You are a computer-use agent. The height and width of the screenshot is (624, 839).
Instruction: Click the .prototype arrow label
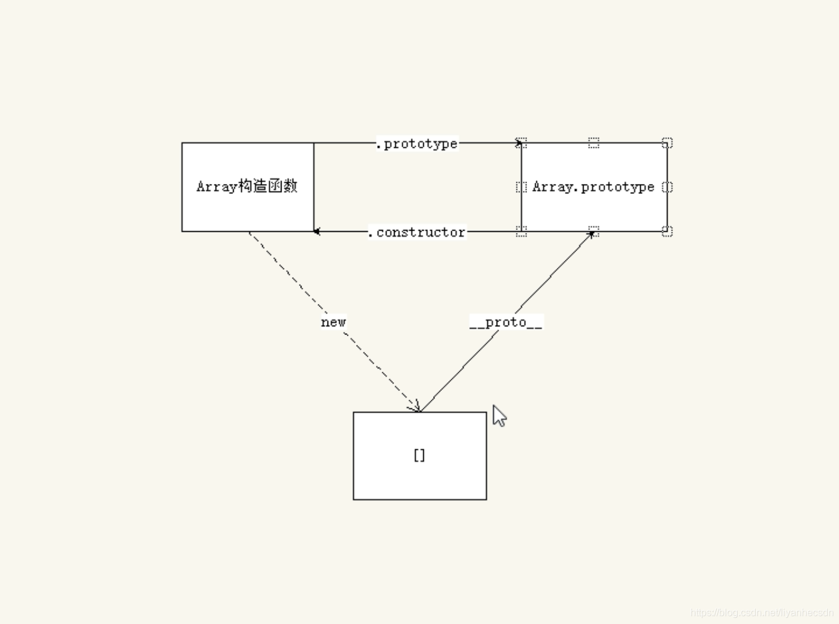tap(418, 144)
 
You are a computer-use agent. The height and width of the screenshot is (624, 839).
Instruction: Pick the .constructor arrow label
tap(417, 232)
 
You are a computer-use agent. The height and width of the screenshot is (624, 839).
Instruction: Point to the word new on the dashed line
tap(333, 322)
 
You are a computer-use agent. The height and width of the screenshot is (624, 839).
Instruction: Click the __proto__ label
tap(506, 322)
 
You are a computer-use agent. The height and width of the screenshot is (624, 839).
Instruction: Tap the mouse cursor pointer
tap(499, 416)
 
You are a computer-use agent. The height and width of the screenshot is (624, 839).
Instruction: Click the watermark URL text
tap(762, 613)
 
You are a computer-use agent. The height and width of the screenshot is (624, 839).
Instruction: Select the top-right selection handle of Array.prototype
tap(667, 143)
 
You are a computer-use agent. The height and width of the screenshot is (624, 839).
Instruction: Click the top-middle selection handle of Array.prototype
tap(594, 143)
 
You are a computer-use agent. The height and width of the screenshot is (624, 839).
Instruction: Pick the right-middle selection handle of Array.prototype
tap(667, 187)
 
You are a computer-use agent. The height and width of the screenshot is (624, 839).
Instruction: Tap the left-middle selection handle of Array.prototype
tap(521, 187)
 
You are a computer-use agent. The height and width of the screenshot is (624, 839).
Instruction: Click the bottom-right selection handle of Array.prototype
tap(667, 231)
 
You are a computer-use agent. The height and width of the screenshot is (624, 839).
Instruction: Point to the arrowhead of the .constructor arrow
tap(317, 232)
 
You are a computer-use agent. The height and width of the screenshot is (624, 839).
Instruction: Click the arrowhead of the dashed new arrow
tap(416, 407)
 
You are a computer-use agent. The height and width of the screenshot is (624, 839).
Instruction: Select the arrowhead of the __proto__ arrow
tap(591, 234)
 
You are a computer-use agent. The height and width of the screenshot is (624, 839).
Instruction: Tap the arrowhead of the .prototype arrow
tap(518, 143)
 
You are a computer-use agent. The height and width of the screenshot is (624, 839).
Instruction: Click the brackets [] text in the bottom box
tap(419, 456)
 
